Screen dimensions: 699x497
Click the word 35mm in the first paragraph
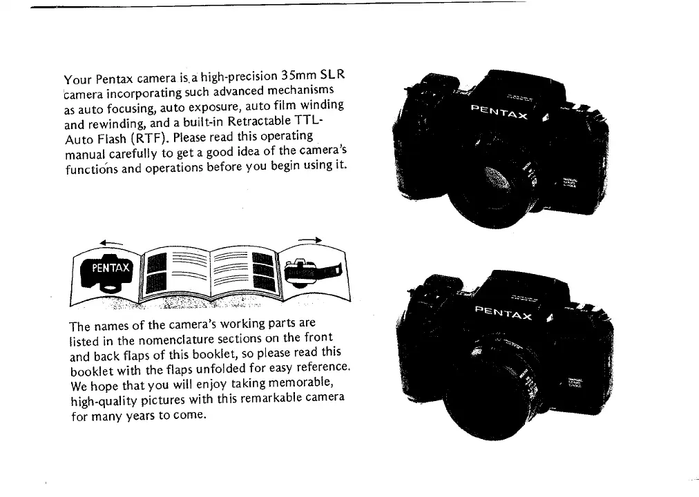(300, 76)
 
